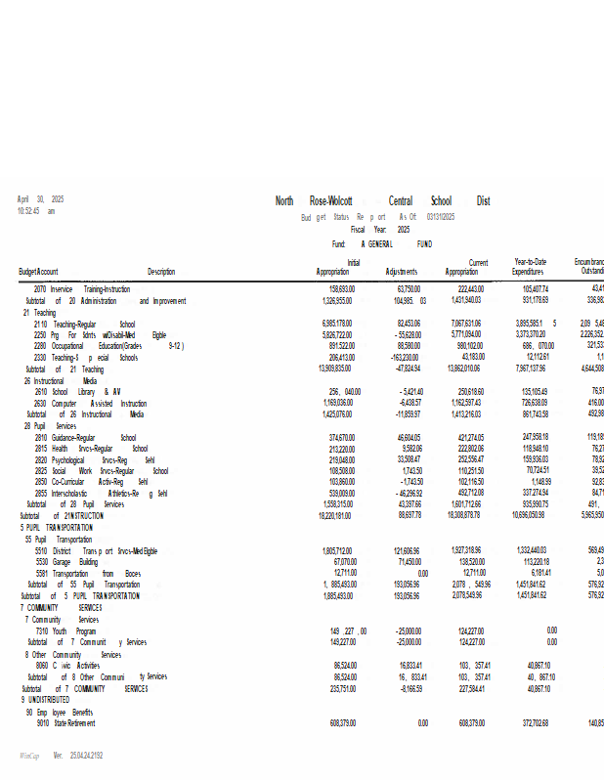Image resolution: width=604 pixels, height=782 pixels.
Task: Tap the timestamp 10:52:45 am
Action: click(36, 210)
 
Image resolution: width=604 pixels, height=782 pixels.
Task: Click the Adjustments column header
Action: click(402, 272)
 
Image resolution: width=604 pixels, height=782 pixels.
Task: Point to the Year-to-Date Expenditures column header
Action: click(531, 267)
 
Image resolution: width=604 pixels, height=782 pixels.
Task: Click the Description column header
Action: click(161, 272)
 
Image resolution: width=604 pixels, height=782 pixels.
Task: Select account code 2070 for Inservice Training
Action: click(40, 289)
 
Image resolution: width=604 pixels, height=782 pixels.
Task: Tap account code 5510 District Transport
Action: click(40, 550)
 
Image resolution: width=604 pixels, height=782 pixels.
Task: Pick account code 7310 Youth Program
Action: click(40, 630)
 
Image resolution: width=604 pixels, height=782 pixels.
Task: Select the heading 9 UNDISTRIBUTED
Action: click(45, 700)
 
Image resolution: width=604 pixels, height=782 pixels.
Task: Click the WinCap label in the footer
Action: click(28, 756)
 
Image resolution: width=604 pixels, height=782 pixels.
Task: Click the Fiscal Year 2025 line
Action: click(380, 229)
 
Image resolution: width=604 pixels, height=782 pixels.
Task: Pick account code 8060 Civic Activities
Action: click(42, 665)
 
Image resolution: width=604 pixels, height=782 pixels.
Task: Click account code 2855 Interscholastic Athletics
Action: click(40, 494)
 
